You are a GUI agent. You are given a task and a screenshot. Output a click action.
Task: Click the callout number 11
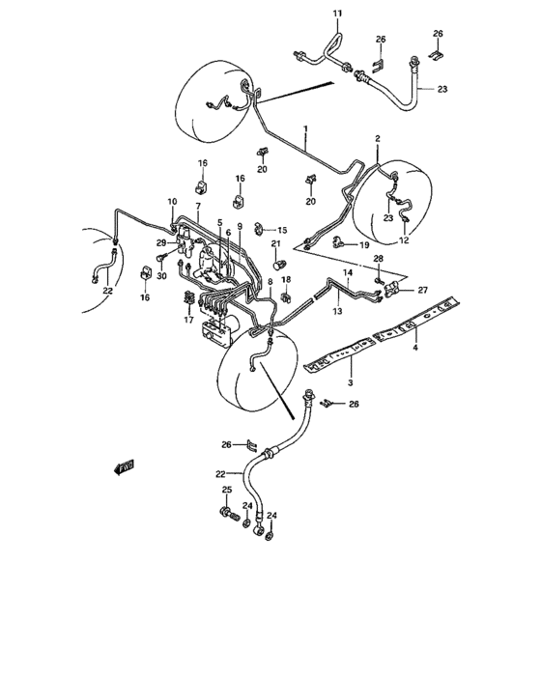tap(311, 12)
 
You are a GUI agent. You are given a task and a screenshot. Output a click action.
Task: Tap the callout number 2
tap(378, 139)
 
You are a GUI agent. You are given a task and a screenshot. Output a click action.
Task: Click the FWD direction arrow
tap(124, 469)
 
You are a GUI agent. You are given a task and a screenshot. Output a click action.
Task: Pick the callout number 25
tap(227, 491)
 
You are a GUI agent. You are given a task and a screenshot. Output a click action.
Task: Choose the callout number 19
tap(364, 245)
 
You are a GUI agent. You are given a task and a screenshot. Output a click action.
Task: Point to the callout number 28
tap(379, 261)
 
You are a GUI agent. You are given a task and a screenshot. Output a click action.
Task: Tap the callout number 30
tap(160, 276)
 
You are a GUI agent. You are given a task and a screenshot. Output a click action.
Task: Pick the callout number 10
tap(172, 201)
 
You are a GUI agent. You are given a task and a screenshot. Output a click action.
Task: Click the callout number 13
tap(338, 313)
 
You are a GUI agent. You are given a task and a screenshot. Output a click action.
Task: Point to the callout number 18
tap(285, 279)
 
